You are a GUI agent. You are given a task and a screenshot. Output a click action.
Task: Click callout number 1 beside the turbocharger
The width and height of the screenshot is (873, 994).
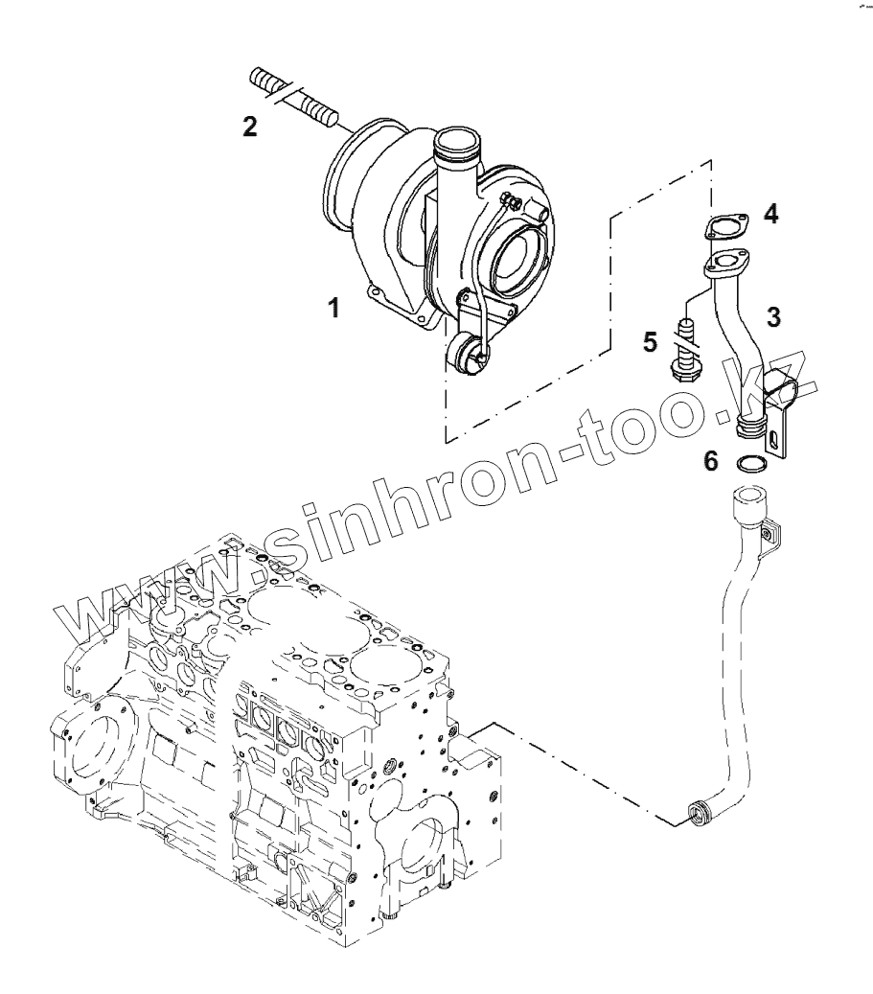pyautogui.click(x=333, y=309)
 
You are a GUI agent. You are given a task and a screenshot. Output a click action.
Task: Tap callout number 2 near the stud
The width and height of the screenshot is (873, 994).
pyautogui.click(x=249, y=128)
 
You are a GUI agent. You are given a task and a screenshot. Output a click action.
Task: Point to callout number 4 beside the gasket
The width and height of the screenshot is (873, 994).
pyautogui.click(x=770, y=214)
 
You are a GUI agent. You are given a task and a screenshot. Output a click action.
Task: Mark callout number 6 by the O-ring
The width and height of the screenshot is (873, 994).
pyautogui.click(x=710, y=461)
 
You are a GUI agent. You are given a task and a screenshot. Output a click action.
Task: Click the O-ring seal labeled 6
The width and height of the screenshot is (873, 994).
pyautogui.click(x=750, y=466)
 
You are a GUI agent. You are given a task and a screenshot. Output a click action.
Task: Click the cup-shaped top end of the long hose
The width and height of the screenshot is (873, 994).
pyautogui.click(x=748, y=500)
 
